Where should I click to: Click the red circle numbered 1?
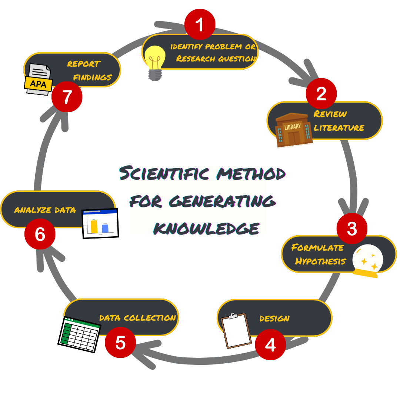(200, 24)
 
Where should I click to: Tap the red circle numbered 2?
(321, 93)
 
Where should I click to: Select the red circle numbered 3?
(352, 229)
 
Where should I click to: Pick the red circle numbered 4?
(270, 345)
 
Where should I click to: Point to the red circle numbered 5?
(120, 343)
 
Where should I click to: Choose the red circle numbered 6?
(40, 234)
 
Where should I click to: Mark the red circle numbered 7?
(67, 97)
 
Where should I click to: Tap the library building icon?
(294, 129)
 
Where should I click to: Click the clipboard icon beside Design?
(236, 330)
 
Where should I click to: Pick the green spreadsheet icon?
(80, 334)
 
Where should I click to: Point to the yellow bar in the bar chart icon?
(94, 226)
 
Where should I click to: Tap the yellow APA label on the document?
(38, 84)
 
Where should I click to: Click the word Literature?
(339, 128)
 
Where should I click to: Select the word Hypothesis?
(320, 261)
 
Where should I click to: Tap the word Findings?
(92, 77)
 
